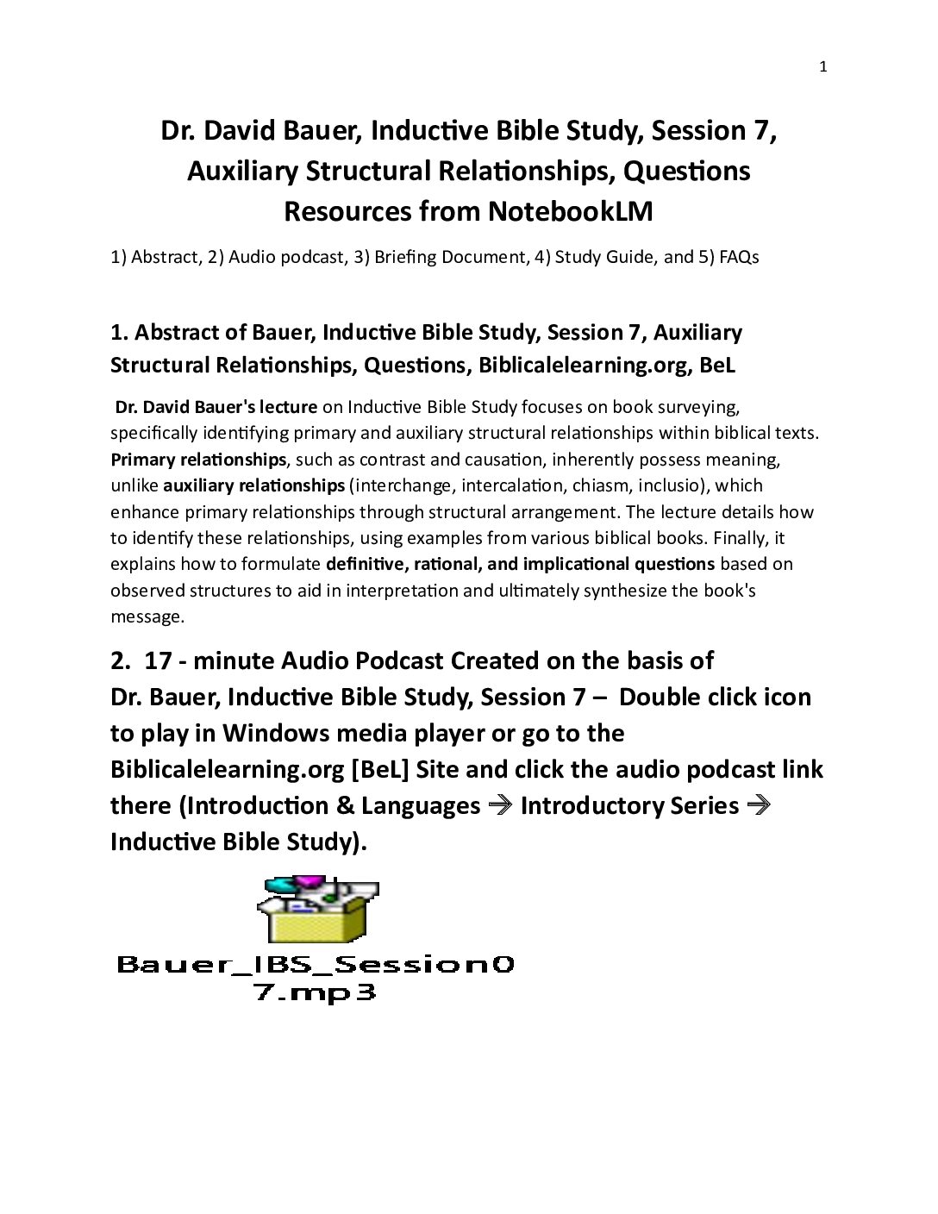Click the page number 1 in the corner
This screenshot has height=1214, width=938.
click(x=822, y=67)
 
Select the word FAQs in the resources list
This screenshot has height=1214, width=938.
click(x=739, y=257)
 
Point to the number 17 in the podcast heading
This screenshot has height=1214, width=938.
click(x=158, y=661)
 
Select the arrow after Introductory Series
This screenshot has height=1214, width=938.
click(x=758, y=805)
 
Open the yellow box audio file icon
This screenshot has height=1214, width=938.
click(x=317, y=910)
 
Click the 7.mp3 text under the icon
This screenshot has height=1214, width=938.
click(x=316, y=992)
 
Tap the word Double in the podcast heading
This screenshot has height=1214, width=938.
click(x=659, y=698)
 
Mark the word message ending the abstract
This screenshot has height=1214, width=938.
click(x=146, y=616)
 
